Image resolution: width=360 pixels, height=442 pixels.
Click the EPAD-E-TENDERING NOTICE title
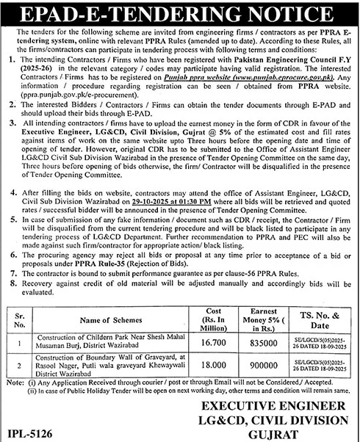click(x=180, y=12)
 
